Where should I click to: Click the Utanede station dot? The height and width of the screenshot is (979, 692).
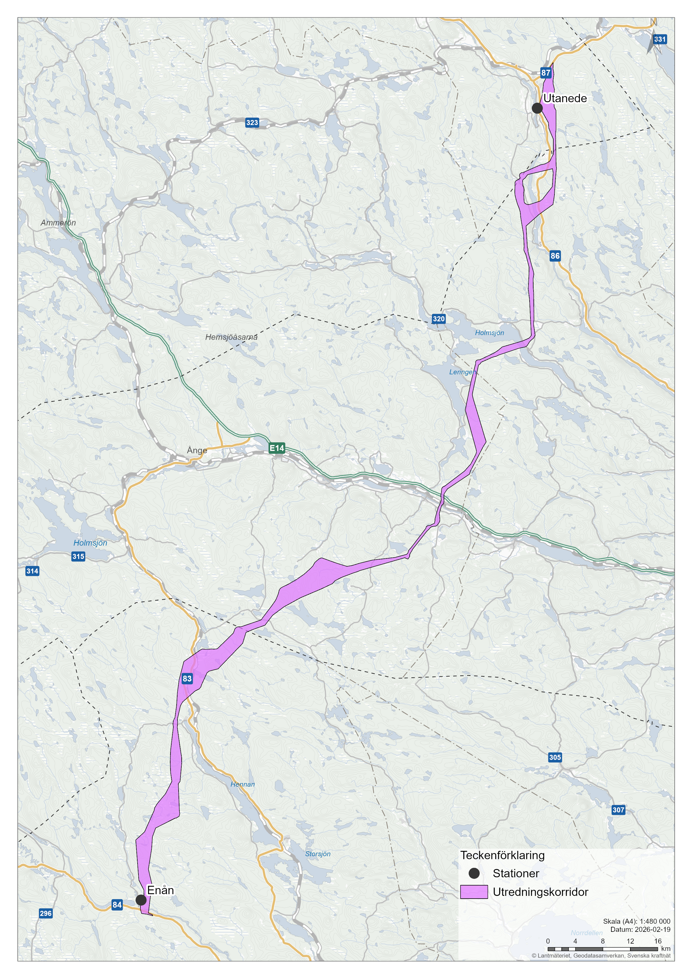tap(537, 108)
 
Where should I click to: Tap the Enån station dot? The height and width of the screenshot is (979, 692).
tap(141, 900)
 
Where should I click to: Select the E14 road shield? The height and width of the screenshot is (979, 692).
tap(277, 448)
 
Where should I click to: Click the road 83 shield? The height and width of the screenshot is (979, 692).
tap(187, 678)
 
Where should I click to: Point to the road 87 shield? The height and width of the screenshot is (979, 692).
tap(546, 73)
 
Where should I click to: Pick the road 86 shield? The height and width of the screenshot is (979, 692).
tap(555, 256)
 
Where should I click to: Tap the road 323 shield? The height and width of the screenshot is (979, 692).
tap(252, 123)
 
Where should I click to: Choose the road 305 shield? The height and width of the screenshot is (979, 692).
tap(555, 757)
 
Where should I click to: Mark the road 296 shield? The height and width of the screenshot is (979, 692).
tap(45, 913)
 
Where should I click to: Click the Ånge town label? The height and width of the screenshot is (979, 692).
tap(197, 450)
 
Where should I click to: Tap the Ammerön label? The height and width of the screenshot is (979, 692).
tap(58, 223)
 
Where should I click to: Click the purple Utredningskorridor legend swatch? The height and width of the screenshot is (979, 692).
tap(474, 892)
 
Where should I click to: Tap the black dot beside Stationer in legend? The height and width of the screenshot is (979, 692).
tap(474, 873)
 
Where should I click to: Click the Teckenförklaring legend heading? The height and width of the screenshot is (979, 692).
tap(502, 855)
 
